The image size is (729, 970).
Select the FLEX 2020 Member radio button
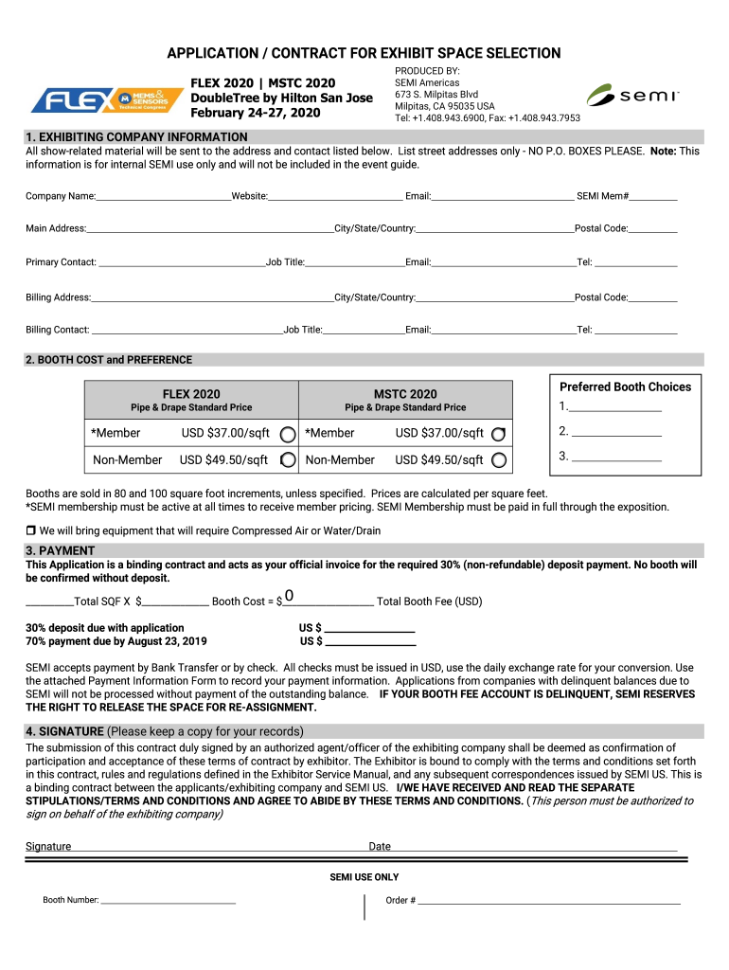pyautogui.click(x=287, y=434)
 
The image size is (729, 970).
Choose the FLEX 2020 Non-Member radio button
pyautogui.click(x=287, y=460)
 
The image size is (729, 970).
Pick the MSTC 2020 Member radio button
pyautogui.click(x=499, y=434)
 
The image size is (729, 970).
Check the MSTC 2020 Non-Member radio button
pyautogui.click(x=499, y=460)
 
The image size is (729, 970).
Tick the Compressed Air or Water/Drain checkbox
pyautogui.click(x=30, y=530)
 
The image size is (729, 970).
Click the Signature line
pyautogui.click(x=218, y=846)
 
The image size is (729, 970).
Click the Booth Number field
pyautogui.click(x=168, y=900)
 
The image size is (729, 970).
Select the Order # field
pyautogui.click(x=549, y=900)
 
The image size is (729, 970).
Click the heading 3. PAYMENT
pyautogui.click(x=60, y=550)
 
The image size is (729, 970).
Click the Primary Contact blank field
pyautogui.click(x=182, y=262)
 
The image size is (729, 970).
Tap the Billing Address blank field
pyautogui.click(x=212, y=297)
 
